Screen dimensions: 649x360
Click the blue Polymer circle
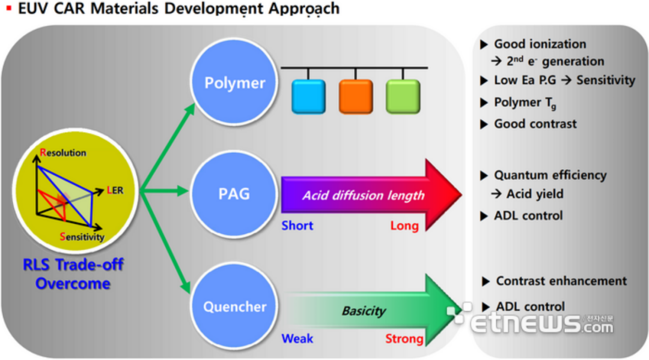234,82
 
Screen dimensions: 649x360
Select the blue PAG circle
234,193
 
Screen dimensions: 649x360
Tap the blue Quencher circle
234,306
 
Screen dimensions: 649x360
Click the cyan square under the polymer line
308,97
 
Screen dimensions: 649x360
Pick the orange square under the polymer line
356,97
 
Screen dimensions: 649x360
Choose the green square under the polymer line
403,97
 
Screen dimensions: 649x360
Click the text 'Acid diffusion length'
364,195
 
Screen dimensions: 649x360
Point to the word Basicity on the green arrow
364,310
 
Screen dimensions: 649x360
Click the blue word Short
297,226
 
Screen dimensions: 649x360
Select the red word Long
404,226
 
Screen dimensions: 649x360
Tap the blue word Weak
297,338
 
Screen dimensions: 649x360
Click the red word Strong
404,339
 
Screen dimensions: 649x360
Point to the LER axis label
115,190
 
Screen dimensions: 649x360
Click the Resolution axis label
63,152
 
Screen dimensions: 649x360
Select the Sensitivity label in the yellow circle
82,237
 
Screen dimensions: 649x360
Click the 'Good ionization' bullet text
540,44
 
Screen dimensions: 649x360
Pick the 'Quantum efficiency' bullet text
550,175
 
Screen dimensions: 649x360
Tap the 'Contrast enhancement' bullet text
561,281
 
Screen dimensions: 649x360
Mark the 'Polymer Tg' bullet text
525,103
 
